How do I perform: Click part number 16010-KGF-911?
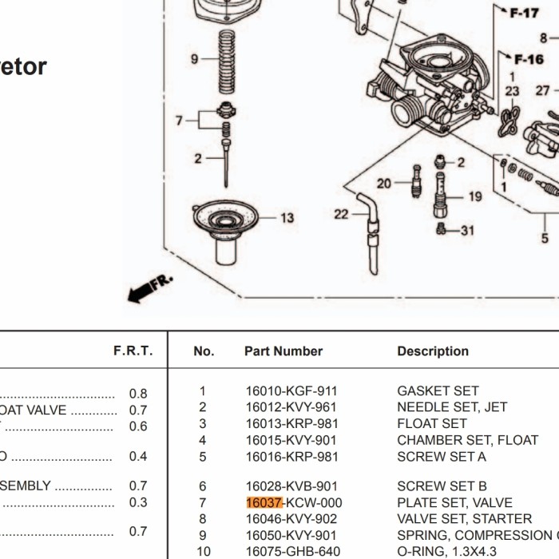coord(291,391)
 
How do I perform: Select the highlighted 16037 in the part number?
coord(264,503)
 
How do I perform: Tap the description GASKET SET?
coord(438,391)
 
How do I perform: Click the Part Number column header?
coord(283,351)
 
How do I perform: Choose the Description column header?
coord(433,351)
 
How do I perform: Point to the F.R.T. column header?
coord(133,351)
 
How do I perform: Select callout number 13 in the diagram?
coord(287,218)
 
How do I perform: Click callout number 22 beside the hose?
coord(341,214)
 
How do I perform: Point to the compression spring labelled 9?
coord(227,64)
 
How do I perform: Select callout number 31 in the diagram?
coord(467,231)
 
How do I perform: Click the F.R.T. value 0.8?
coord(138,394)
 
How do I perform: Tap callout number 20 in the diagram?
coord(384,184)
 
